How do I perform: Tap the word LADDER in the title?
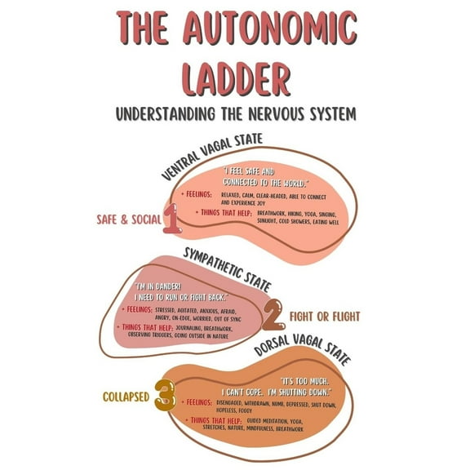235,80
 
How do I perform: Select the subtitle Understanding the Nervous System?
235,113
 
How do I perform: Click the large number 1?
172,219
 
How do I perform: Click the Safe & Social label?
128,219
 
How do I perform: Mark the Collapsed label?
126,398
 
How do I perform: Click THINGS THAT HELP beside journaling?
144,327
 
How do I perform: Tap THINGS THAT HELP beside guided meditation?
213,420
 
